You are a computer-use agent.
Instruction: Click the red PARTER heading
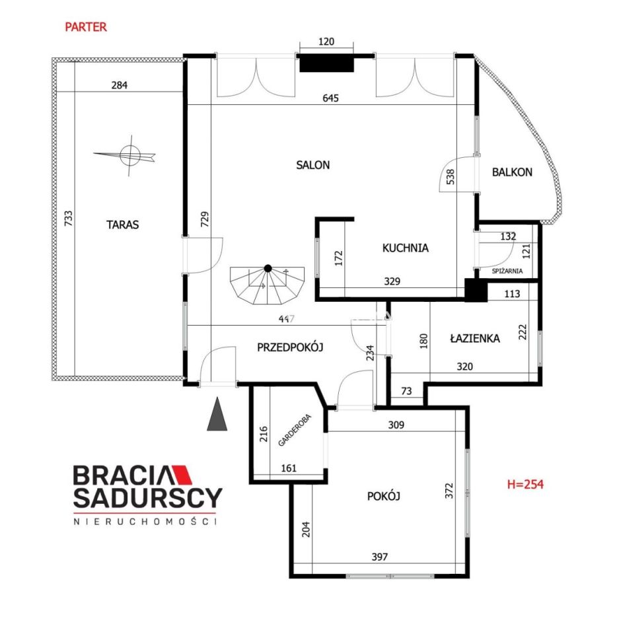(x=86, y=27)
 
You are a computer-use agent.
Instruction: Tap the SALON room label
(x=313, y=165)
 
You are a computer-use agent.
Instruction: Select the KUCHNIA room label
(x=405, y=248)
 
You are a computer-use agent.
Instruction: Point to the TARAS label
(x=122, y=225)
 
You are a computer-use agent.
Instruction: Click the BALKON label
(x=512, y=172)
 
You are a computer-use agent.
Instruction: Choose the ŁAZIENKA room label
(x=475, y=338)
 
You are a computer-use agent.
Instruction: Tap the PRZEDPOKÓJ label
(x=290, y=347)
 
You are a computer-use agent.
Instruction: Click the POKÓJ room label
(x=383, y=496)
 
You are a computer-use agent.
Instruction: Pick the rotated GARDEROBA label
(x=295, y=430)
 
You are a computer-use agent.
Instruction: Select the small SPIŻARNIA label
(x=507, y=271)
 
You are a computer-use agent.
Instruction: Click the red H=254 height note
(x=525, y=484)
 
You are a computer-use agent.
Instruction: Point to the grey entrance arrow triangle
(x=217, y=414)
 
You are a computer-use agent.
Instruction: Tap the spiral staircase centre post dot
(x=268, y=268)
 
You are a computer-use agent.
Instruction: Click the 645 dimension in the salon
(x=330, y=98)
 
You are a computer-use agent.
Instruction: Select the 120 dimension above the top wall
(x=326, y=42)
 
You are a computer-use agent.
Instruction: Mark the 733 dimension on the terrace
(x=68, y=219)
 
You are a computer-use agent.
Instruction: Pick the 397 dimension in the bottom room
(x=380, y=557)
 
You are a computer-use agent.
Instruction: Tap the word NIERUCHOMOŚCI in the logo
(x=145, y=522)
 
